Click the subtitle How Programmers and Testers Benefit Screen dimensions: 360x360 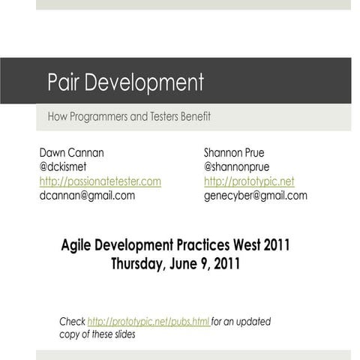point(129,117)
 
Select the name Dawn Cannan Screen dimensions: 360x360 point(71,153)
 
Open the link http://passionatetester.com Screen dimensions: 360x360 point(100,181)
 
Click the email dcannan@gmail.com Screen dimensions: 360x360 point(87,196)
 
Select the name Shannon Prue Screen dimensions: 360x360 point(234,153)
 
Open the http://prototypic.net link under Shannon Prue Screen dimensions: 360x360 point(249,181)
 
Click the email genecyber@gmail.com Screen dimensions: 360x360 point(255,196)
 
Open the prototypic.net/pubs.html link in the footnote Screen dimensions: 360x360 point(148,322)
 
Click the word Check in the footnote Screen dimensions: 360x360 point(72,322)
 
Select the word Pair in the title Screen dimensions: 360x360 point(63,82)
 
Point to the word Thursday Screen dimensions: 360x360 point(138,263)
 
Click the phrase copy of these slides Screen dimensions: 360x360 point(97,334)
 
